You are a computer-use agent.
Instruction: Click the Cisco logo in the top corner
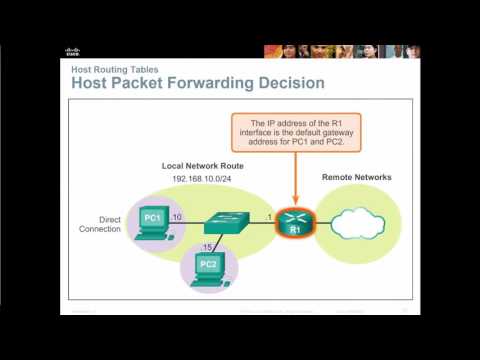(71, 51)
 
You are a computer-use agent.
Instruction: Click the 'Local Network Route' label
(204, 165)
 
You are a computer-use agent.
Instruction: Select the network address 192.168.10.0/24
(203, 181)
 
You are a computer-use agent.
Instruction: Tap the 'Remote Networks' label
(356, 177)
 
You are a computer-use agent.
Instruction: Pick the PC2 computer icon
(209, 268)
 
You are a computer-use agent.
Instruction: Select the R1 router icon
(295, 221)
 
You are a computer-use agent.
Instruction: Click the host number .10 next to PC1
(176, 216)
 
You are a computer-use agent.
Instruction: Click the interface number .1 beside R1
(268, 216)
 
